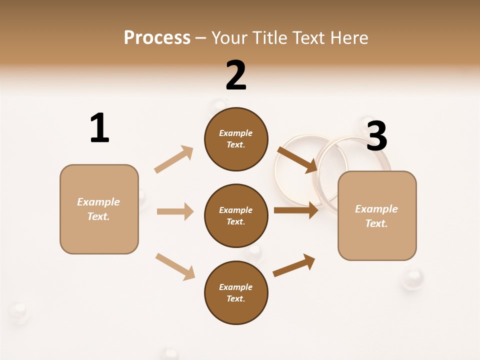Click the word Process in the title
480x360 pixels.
pos(157,37)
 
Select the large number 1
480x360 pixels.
pos(99,128)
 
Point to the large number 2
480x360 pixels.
pos(236,75)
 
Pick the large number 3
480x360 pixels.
pos(376,136)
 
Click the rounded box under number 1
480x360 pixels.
pos(99,209)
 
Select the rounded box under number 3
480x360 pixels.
pos(377,216)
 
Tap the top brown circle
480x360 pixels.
pos(236,139)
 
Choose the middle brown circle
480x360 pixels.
pos(236,216)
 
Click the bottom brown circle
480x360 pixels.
pos(236,293)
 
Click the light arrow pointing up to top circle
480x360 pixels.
pos(174,159)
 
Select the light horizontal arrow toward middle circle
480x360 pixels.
pos(175,211)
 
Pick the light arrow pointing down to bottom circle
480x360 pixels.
pos(175,266)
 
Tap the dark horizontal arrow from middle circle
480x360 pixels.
pos(296,210)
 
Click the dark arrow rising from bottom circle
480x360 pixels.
pos(294,265)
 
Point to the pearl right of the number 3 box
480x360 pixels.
pos(412,277)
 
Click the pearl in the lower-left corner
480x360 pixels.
pos(19,312)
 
